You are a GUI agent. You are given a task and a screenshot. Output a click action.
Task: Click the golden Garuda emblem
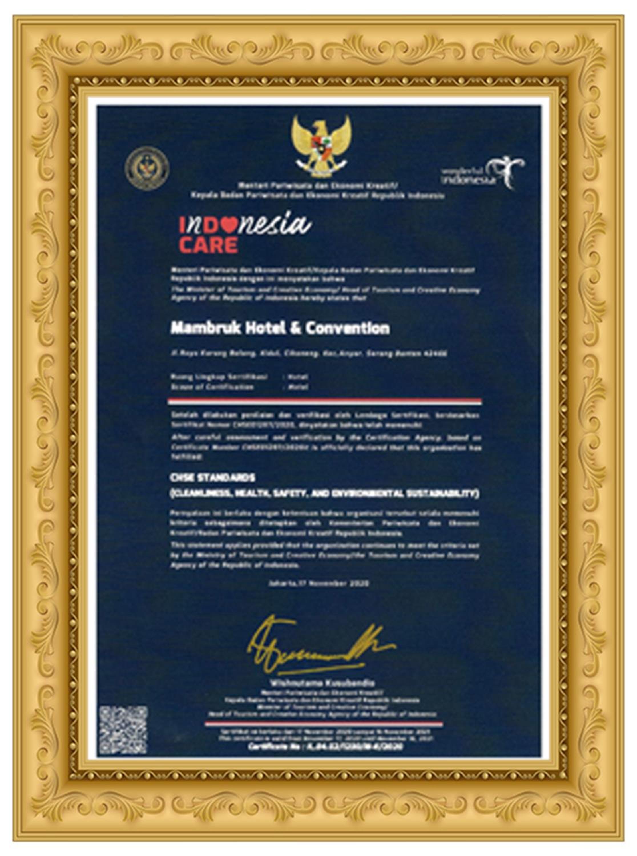[x=321, y=146]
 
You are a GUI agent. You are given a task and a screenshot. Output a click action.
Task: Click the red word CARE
[x=208, y=245]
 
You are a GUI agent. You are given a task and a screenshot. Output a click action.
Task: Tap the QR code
[x=123, y=730]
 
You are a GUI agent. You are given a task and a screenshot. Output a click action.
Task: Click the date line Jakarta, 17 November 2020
[x=319, y=583]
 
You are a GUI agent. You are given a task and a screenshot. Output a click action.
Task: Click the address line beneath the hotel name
[x=309, y=354]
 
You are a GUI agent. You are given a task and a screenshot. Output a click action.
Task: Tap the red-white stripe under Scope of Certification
[x=325, y=401]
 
